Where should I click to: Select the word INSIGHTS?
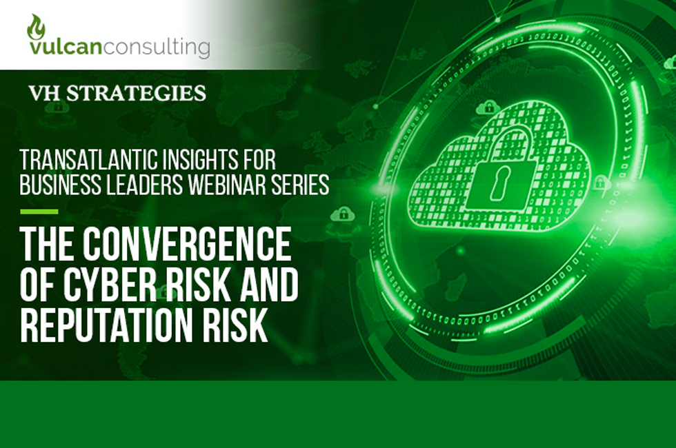[x=183, y=161]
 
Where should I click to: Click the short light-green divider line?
[x=39, y=212]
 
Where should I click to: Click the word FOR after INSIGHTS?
[x=253, y=161]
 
